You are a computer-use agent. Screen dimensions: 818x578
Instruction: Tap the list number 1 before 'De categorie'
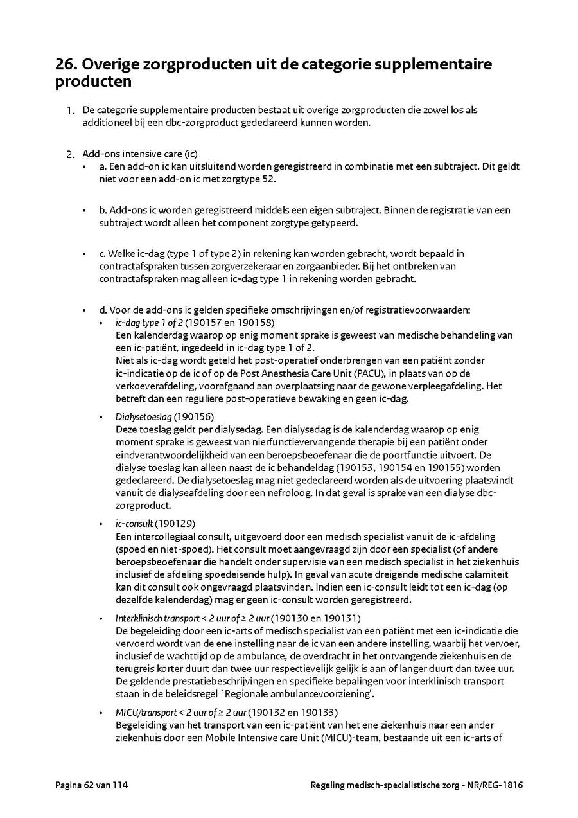point(69,111)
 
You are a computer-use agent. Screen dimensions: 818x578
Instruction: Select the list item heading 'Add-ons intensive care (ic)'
point(140,154)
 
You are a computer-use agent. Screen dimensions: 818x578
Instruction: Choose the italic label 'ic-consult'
point(134,524)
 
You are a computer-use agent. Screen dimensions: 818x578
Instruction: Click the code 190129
point(175,524)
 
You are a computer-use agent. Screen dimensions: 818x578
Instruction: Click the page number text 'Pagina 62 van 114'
point(92,785)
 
